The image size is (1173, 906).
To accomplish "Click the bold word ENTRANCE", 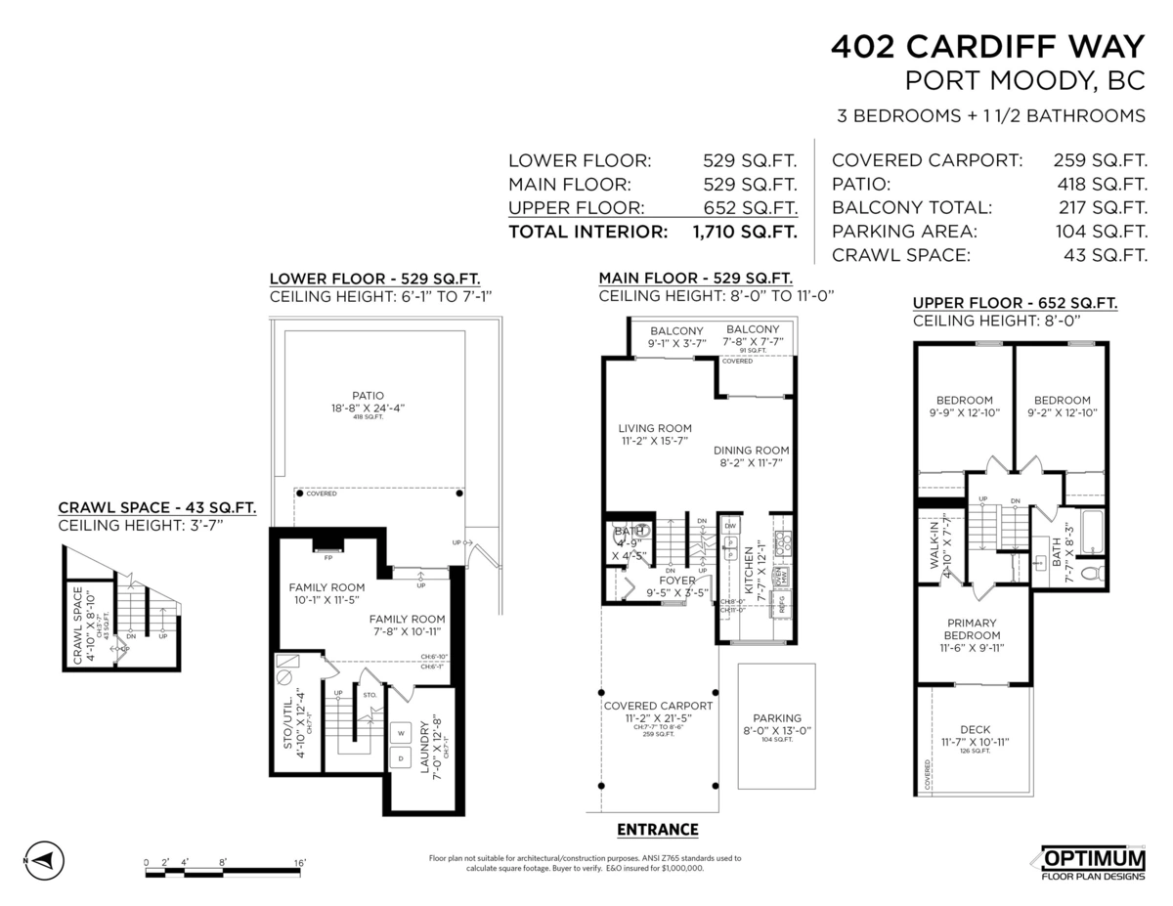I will pos(658,830).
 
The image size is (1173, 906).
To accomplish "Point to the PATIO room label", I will pos(369,396).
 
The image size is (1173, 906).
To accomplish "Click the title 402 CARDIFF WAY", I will pos(987,47).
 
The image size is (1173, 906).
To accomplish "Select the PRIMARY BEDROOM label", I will pos(972,629).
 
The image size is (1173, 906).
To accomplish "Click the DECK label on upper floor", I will pos(975,729).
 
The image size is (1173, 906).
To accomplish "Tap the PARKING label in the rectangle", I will pos(777,717).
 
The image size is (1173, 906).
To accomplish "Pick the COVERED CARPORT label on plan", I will pos(657,706).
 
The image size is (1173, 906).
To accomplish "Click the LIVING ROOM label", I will pos(655,428).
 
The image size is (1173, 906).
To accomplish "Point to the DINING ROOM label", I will pos(751,451).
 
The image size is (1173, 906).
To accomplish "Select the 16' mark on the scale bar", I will pos(300,862).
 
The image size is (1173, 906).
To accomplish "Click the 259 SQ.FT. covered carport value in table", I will pos(1100,160).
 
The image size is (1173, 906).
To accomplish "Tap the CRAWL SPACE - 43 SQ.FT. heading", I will pos(157,507).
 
